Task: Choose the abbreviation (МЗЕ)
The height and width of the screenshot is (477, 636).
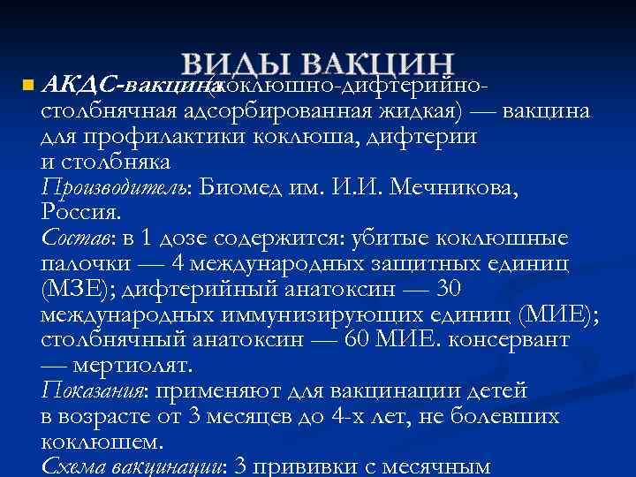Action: [73, 290]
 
